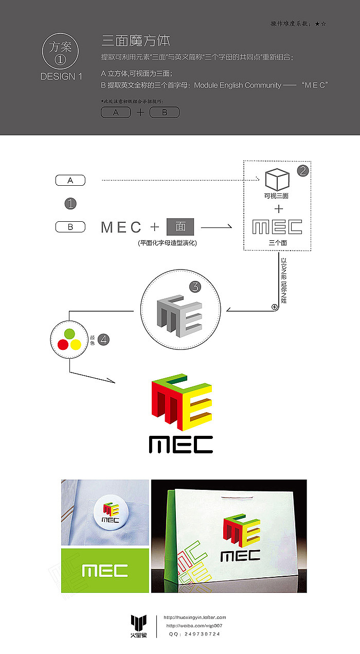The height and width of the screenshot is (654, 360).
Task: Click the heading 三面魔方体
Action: [x=136, y=41]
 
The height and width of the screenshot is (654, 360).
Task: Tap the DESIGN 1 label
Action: [x=61, y=77]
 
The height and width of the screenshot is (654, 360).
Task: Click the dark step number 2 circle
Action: [x=302, y=171]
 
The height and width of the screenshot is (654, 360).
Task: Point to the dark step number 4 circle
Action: [x=103, y=340]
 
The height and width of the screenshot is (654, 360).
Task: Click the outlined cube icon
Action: [x=277, y=180]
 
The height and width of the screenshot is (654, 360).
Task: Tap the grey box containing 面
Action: [x=180, y=226]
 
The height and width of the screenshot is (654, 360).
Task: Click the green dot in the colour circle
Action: [x=69, y=333]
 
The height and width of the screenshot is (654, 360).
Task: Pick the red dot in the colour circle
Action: [x=63, y=344]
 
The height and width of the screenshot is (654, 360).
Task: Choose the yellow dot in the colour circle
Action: [x=75, y=344]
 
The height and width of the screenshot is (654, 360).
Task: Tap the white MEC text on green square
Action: [x=105, y=571]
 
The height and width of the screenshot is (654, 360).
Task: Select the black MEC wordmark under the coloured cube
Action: [x=181, y=444]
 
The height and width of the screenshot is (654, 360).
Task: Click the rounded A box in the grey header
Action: [x=116, y=112]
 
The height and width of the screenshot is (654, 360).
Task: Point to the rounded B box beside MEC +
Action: [x=70, y=226]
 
